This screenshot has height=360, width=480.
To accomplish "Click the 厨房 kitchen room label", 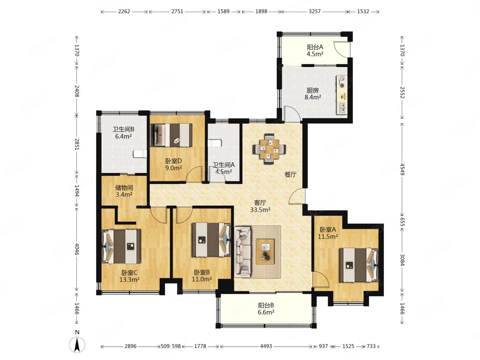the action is (312, 90).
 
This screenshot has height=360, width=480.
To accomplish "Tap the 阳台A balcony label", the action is (315, 47).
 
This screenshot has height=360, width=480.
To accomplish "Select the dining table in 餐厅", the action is (269, 149).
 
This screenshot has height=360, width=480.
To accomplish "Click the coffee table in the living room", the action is (265, 251).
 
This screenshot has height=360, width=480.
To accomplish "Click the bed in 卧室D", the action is (172, 135).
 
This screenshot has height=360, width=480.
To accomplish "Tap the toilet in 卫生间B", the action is (140, 154).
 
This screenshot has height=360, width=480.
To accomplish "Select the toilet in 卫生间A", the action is (215, 143).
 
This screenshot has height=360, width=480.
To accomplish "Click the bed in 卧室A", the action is (359, 265).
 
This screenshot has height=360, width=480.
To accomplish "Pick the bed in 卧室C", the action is (121, 246).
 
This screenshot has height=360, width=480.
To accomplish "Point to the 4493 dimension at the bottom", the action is (266, 346).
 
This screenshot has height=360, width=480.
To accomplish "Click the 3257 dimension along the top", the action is (314, 11).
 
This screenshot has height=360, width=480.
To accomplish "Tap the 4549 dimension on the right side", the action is (402, 168).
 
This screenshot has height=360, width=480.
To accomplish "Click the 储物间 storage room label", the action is (124, 188).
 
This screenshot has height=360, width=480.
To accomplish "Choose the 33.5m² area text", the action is (260, 210).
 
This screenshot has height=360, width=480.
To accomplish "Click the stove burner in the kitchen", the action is (342, 82).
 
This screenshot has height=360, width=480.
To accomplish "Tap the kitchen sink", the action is (342, 108).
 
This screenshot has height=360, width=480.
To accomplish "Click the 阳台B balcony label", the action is (266, 305).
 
